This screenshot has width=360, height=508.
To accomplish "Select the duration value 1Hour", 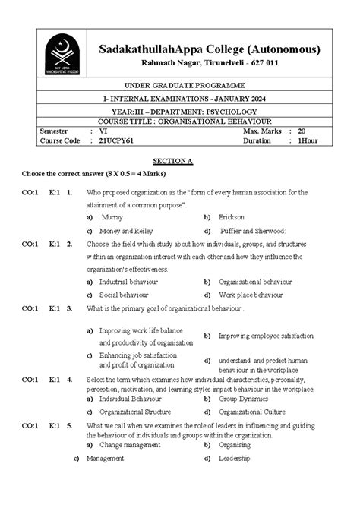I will point(308,140).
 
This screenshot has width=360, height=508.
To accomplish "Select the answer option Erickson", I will point(232,216).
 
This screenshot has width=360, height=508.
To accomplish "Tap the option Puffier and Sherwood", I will point(252,230).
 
